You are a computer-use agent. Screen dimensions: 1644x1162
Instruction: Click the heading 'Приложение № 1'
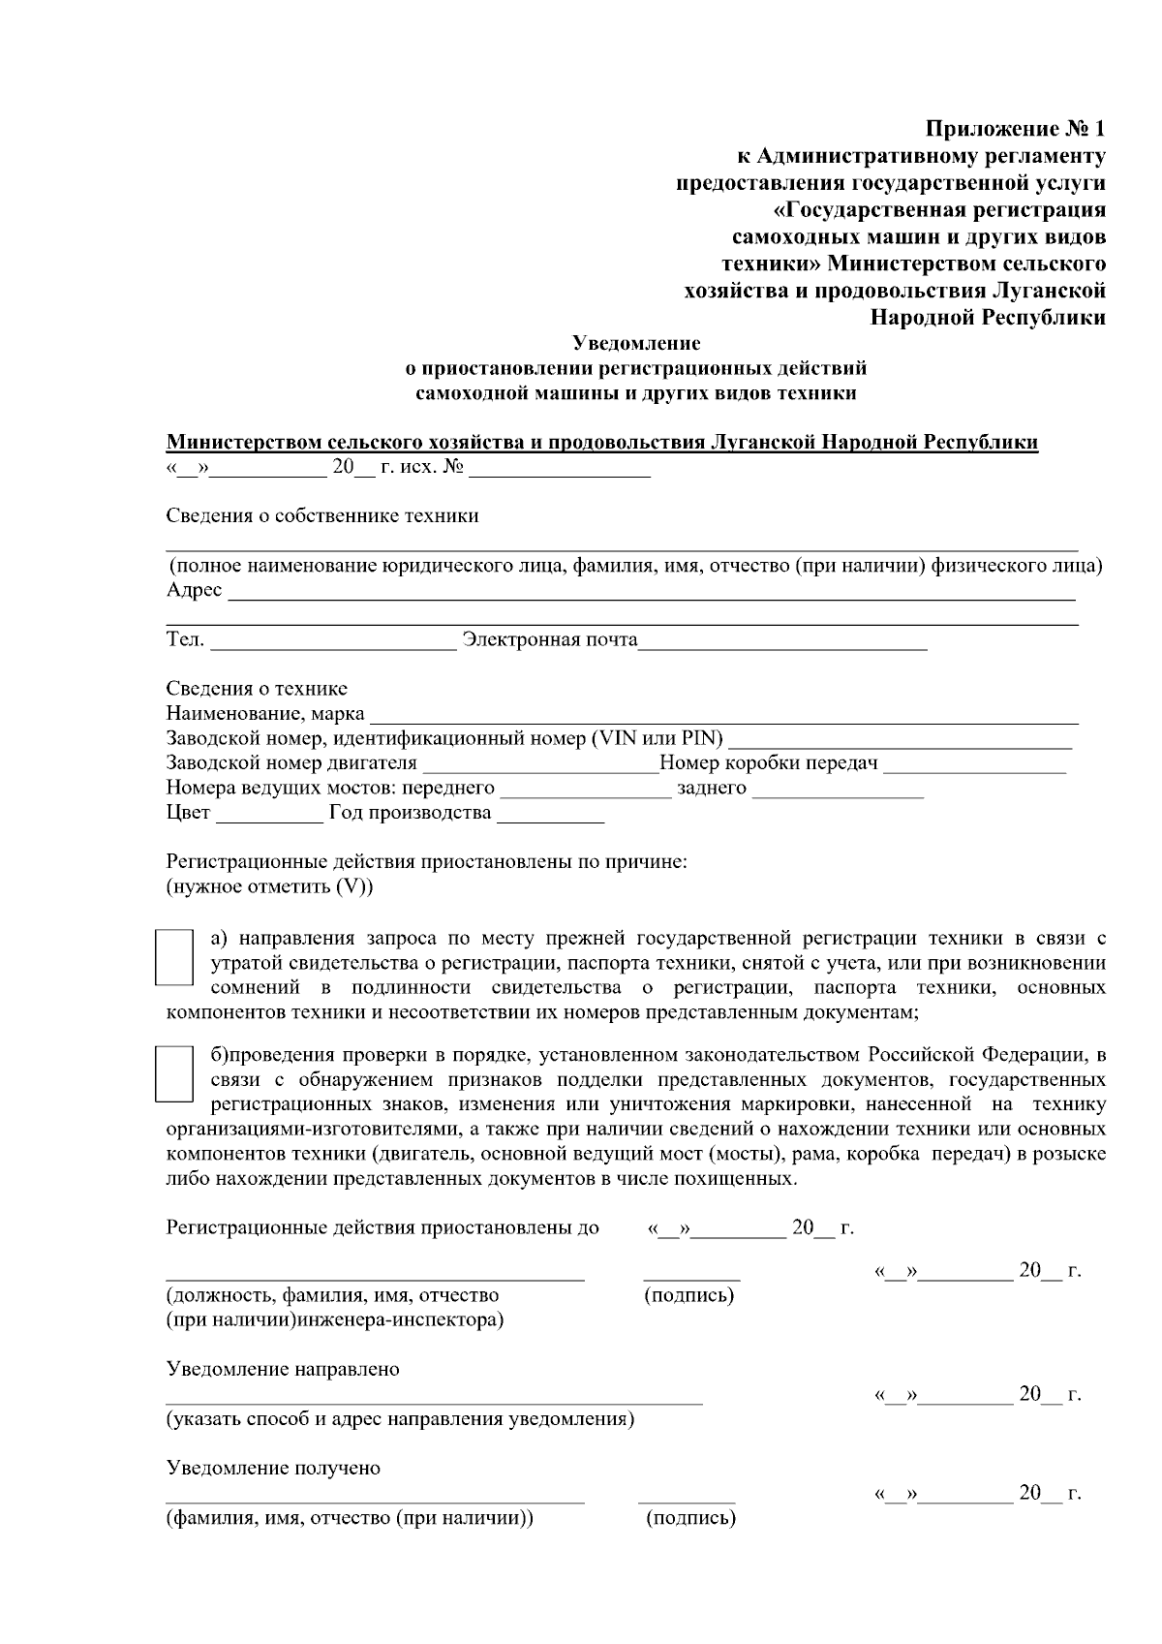click(1015, 129)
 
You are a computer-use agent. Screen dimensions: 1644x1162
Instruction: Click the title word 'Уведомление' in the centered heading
click(636, 343)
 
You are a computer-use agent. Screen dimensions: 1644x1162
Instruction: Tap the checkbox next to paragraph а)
click(174, 957)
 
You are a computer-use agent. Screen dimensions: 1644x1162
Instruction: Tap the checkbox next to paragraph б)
click(174, 1072)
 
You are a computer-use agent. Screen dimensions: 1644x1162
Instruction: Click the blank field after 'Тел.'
click(332, 641)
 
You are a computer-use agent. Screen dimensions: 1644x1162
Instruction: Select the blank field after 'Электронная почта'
click(782, 641)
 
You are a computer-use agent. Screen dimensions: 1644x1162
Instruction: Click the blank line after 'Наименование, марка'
click(724, 717)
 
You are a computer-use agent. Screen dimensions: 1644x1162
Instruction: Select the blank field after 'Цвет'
click(269, 815)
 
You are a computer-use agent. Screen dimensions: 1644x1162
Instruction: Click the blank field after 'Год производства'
click(550, 815)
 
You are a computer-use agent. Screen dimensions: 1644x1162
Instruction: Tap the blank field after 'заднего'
click(838, 791)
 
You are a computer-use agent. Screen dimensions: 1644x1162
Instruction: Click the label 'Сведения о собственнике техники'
click(322, 515)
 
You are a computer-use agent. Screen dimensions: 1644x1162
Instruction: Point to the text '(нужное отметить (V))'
click(270, 886)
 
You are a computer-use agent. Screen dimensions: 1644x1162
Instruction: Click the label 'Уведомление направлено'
click(283, 1369)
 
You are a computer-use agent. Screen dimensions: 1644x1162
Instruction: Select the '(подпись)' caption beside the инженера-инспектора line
click(688, 1295)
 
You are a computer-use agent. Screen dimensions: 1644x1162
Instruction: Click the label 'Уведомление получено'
click(273, 1468)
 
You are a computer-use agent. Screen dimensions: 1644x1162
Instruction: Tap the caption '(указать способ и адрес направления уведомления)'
click(400, 1419)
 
